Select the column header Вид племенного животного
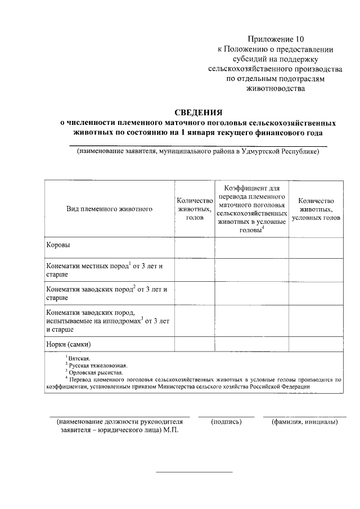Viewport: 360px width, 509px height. click(x=110, y=209)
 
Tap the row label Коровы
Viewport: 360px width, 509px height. click(x=58, y=245)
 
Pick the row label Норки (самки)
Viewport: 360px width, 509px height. click(x=69, y=344)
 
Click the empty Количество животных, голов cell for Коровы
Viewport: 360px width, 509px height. click(x=194, y=246)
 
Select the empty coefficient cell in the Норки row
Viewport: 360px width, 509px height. click(x=251, y=344)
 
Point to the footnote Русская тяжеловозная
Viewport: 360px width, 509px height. click(x=93, y=364)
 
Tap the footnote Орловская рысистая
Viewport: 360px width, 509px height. click(x=93, y=372)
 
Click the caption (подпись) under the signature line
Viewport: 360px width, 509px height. click(x=226, y=421)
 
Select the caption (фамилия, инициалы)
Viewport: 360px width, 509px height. click(x=304, y=421)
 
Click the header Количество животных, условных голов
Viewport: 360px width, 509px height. click(x=316, y=209)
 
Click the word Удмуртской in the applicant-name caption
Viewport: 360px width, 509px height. click(x=264, y=151)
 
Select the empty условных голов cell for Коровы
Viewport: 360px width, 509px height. click(x=316, y=246)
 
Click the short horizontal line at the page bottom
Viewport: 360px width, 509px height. click(x=194, y=471)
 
